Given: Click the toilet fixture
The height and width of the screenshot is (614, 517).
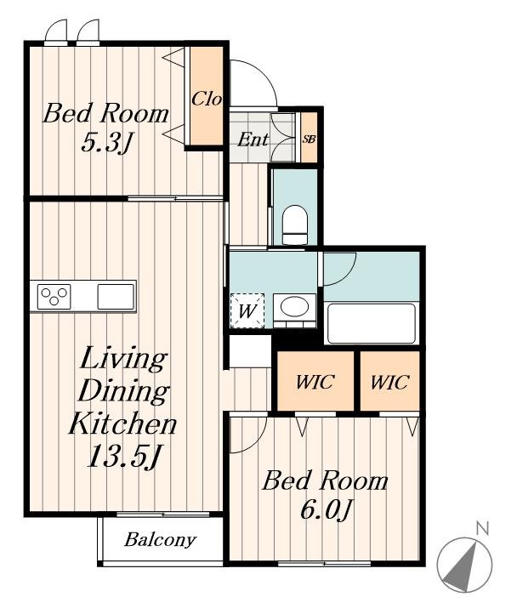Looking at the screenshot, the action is click(294, 225).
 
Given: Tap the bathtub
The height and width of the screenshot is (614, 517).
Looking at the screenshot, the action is click(371, 323).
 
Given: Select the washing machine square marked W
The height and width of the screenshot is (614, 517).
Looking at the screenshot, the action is click(247, 310).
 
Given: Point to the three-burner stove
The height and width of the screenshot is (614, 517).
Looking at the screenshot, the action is click(54, 297).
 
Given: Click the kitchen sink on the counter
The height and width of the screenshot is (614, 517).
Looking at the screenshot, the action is click(116, 297).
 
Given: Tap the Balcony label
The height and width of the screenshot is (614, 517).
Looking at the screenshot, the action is click(160, 540).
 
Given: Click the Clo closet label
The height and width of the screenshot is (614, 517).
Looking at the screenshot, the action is click(207, 99).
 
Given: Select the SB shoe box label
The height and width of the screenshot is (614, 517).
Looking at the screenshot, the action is click(309, 139).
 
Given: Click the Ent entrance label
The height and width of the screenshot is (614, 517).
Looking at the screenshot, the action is click(253, 139).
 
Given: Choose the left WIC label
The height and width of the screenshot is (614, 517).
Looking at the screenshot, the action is click(315, 381).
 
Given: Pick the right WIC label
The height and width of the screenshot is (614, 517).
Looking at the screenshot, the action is click(389, 381).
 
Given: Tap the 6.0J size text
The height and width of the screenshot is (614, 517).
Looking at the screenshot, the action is click(324, 510).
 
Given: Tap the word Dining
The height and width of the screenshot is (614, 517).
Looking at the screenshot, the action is click(124, 391).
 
